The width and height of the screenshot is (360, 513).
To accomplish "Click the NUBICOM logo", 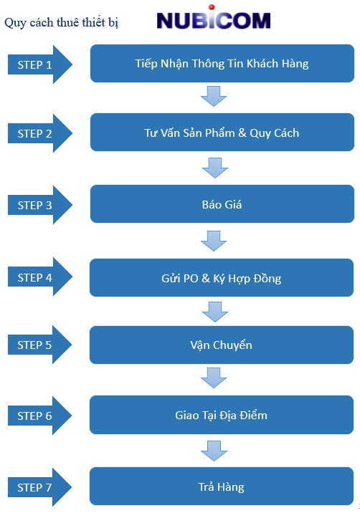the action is coord(213,19).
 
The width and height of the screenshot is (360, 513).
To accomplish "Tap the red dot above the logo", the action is coord(212,7).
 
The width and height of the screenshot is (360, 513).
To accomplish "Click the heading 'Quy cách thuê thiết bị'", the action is coord(61,23).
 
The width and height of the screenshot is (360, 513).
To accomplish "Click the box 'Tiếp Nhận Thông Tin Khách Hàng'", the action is coord(222,64).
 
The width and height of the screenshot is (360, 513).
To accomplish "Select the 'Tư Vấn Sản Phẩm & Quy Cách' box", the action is coord(222,132).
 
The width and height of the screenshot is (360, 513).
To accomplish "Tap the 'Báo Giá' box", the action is coord(222,203).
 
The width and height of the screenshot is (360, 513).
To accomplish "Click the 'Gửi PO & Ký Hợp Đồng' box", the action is coord(222,278).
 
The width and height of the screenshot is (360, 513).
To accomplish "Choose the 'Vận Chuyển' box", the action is coord(222,345).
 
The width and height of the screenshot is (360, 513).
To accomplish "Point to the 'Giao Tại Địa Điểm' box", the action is coord(222,415).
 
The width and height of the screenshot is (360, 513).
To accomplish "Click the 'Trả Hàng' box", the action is coord(222,486).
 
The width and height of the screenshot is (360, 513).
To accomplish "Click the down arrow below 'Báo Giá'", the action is coord(214,241).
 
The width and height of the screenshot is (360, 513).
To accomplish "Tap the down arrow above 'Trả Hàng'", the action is coord(214,451).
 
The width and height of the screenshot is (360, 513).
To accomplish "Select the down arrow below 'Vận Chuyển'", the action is coord(214,378).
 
